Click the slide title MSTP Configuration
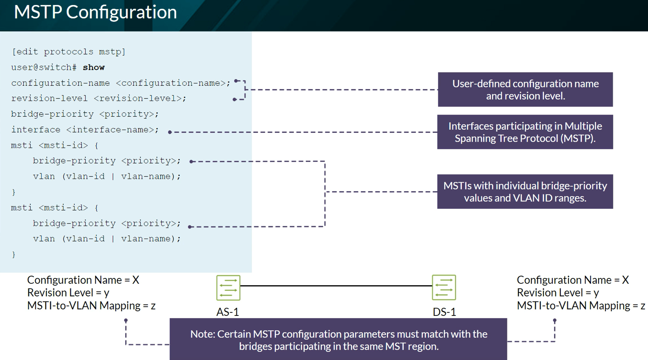tap(95, 12)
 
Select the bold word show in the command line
tap(94, 67)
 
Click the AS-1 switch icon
tap(228, 288)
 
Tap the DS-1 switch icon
tap(444, 288)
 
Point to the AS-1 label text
tap(228, 312)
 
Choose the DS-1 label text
tap(444, 312)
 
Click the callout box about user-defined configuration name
tap(525, 89)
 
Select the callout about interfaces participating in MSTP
tap(525, 132)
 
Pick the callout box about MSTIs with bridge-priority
tap(525, 192)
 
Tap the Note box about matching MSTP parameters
tap(338, 340)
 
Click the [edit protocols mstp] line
tap(68, 52)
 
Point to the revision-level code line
tap(99, 98)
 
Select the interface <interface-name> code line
tap(85, 130)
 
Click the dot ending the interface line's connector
tap(170, 132)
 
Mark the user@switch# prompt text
tap(44, 67)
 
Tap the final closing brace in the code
tap(14, 254)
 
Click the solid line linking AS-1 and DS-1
tap(336, 286)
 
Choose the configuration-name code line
tap(121, 83)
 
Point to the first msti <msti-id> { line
tap(54, 145)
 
